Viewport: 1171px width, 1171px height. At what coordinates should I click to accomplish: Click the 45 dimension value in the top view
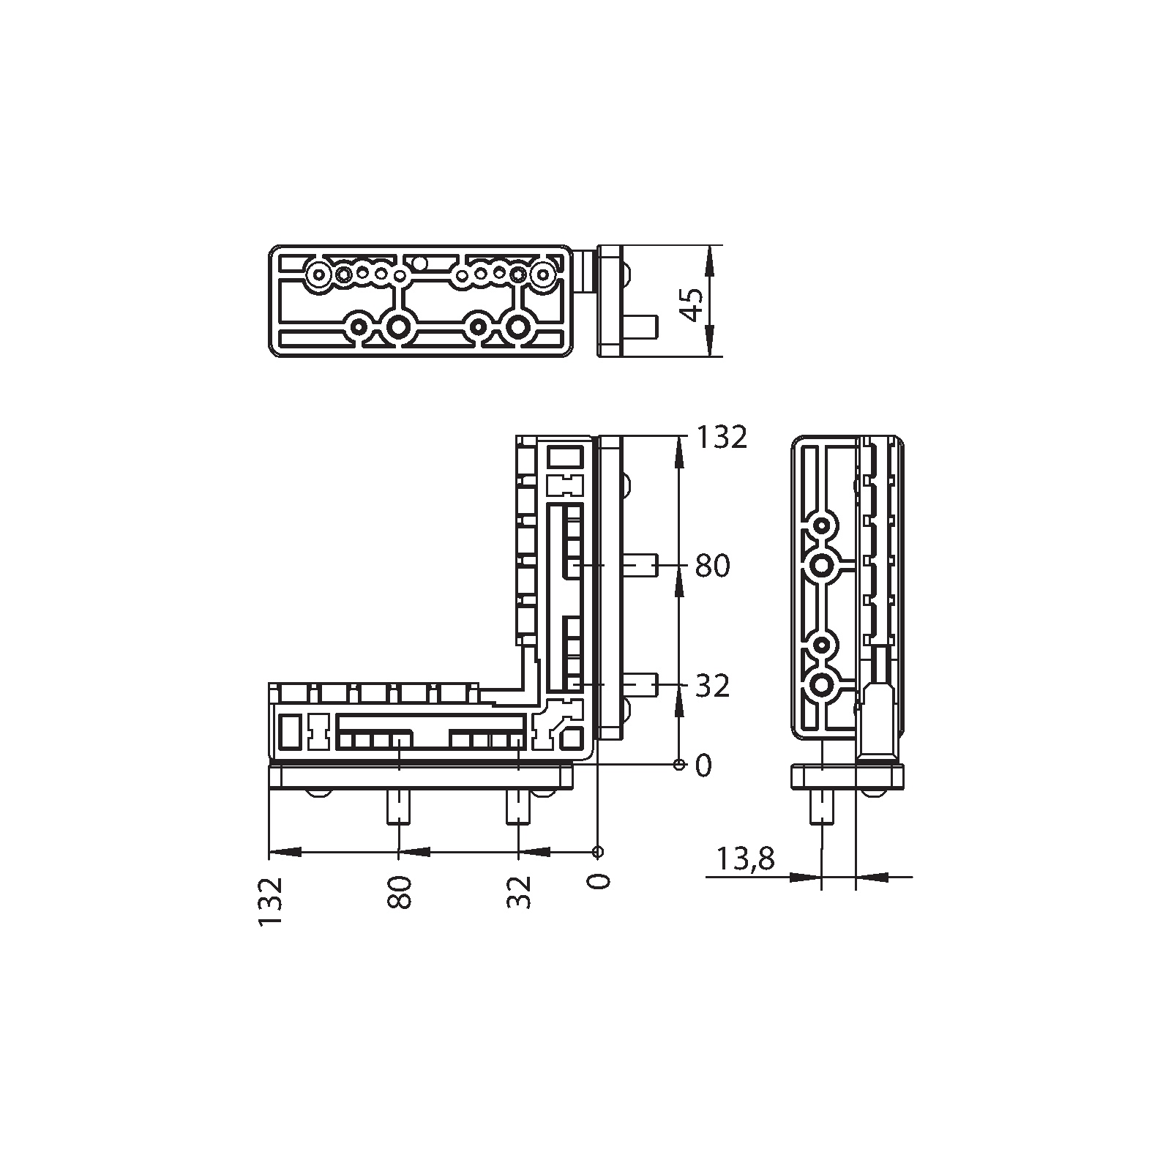point(692,303)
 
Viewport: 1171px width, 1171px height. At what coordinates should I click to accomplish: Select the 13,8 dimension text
point(745,858)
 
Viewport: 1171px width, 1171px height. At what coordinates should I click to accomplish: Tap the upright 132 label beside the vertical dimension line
point(721,437)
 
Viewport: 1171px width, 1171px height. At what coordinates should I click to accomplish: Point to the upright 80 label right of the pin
point(712,566)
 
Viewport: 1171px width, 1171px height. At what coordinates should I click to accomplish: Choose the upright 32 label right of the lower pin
point(712,686)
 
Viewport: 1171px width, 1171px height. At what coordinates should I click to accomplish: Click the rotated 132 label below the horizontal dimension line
point(270,902)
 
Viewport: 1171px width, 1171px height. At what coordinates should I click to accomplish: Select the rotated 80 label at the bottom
point(400,891)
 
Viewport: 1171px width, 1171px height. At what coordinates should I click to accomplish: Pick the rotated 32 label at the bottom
point(519,891)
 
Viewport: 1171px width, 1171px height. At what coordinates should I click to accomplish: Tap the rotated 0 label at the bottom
point(599,881)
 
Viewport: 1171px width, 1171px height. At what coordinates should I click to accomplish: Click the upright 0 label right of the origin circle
point(703,766)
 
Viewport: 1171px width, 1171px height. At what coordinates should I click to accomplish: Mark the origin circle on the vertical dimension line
point(678,765)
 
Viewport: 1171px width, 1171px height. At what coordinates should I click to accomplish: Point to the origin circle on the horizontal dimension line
point(598,851)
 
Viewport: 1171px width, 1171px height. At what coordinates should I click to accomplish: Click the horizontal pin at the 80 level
point(640,566)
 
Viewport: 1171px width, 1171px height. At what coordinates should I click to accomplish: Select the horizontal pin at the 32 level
point(640,686)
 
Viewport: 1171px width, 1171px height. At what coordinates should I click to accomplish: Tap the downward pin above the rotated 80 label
point(398,807)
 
